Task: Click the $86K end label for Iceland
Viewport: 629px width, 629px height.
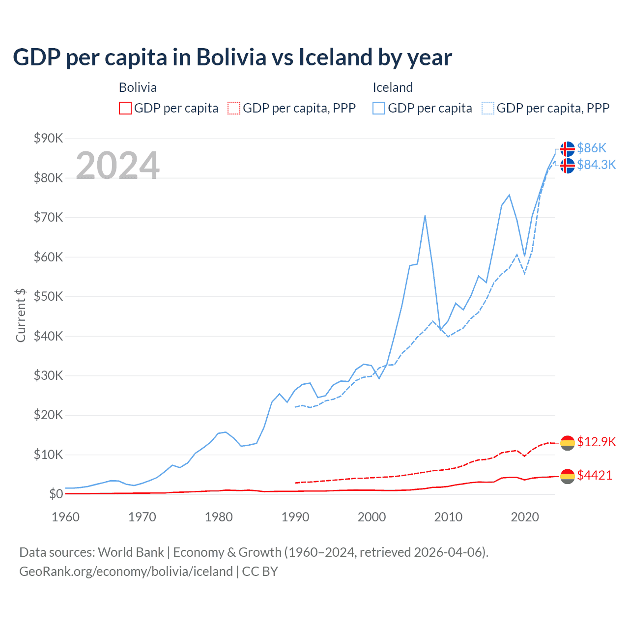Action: [x=592, y=148]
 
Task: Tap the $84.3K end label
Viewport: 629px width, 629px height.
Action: [x=596, y=165]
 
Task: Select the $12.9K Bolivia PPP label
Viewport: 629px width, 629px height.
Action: [x=596, y=442]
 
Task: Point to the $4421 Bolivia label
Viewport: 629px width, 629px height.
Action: [x=595, y=475]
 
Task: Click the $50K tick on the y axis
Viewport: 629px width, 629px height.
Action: [x=48, y=296]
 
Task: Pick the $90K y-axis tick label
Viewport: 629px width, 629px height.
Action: [x=48, y=138]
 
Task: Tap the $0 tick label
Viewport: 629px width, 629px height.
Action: [x=56, y=494]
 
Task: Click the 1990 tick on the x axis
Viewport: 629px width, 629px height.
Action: [x=295, y=517]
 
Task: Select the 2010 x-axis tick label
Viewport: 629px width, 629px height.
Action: [x=448, y=517]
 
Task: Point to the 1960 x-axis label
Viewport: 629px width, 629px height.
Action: [x=66, y=517]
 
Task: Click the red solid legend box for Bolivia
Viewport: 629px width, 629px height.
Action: [x=125, y=108]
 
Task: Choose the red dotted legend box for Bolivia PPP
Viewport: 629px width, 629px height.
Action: [x=234, y=108]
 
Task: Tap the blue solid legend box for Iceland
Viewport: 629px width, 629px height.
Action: [x=379, y=108]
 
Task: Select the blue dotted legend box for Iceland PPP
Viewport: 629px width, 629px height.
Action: [x=488, y=108]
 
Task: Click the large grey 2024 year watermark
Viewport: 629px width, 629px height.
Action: [x=117, y=165]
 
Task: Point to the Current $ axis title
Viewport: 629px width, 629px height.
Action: [x=21, y=315]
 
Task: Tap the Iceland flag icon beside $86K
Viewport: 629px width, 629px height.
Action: [x=568, y=148]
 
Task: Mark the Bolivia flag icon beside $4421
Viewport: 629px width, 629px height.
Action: [x=568, y=476]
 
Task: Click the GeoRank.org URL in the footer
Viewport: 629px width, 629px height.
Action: [x=126, y=572]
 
